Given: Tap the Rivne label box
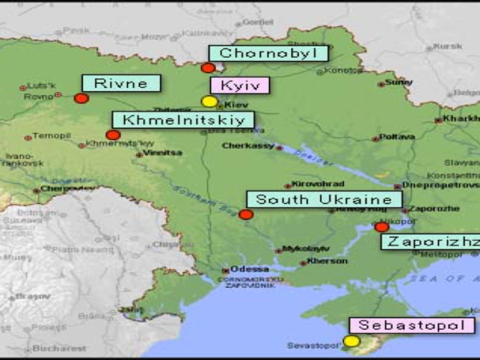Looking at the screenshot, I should pos(121,83).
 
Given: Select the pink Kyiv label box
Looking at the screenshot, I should pos(239,86).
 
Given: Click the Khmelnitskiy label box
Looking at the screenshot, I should pos(183,120).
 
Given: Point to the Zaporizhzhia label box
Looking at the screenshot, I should pos(430,242).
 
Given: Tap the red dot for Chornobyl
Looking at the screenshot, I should pos(208,68).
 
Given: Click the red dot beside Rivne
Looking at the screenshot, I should pos(81,98).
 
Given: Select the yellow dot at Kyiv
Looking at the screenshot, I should pos(209,102).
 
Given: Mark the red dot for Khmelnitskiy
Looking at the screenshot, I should pos(113,135).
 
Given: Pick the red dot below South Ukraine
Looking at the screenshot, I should pos(246,214).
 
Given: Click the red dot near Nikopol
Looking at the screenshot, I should pos(382,227).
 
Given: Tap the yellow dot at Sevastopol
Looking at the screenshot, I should pos(351,342).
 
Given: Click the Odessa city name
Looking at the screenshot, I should pos(244,269).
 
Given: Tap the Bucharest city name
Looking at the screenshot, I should pos(60,349).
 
